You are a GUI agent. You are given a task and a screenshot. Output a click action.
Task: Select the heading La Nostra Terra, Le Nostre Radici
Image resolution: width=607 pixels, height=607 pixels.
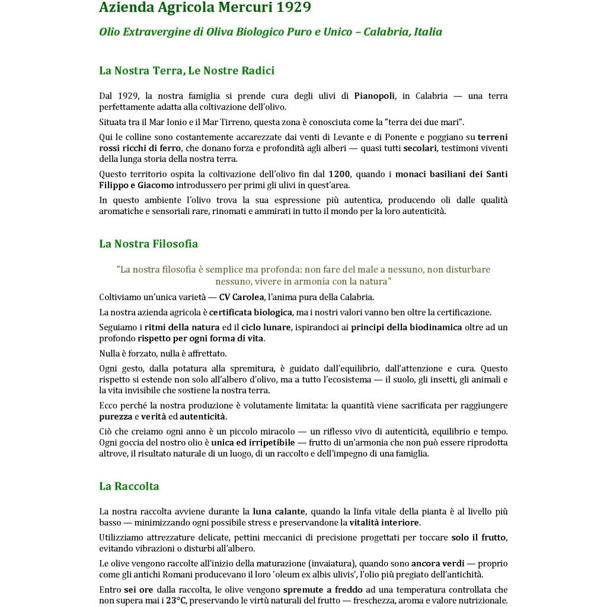187,71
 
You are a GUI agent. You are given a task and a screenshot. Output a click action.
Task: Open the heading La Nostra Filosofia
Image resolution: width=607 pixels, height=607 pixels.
148,244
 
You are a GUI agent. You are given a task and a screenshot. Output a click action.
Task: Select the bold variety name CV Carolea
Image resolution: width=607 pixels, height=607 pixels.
241,297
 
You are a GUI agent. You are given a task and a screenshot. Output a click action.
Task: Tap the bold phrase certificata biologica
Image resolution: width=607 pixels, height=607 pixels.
250,312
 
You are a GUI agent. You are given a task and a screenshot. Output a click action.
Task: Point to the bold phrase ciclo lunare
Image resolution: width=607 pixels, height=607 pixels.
269,327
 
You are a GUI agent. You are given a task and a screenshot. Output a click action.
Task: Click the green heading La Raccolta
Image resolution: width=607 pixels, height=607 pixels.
129,486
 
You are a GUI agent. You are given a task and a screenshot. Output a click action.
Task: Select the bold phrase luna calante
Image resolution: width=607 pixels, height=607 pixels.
279,512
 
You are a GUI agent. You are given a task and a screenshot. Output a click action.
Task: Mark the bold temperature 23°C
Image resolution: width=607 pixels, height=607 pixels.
176,600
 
